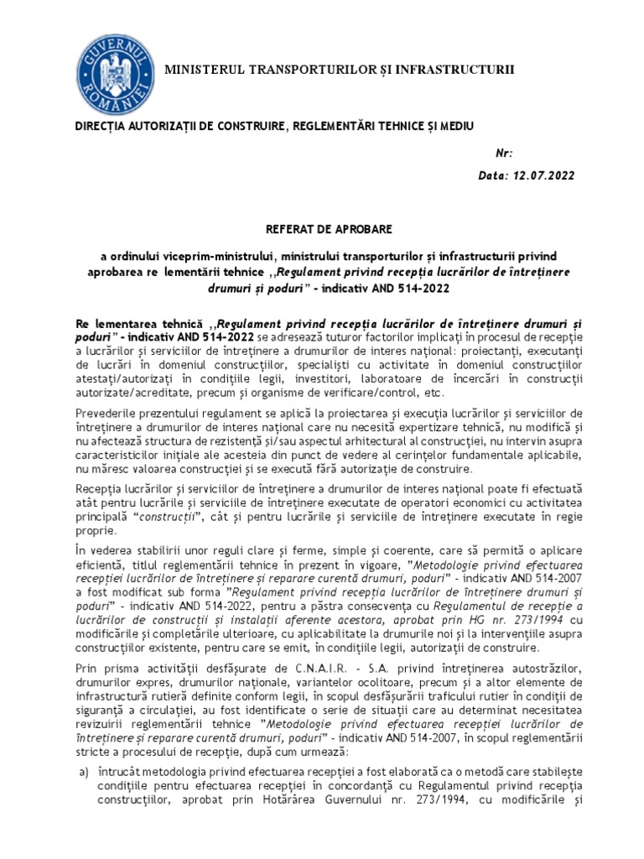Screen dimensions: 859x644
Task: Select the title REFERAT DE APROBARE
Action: pos(322,228)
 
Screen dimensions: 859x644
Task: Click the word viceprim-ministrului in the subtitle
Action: pos(226,254)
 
